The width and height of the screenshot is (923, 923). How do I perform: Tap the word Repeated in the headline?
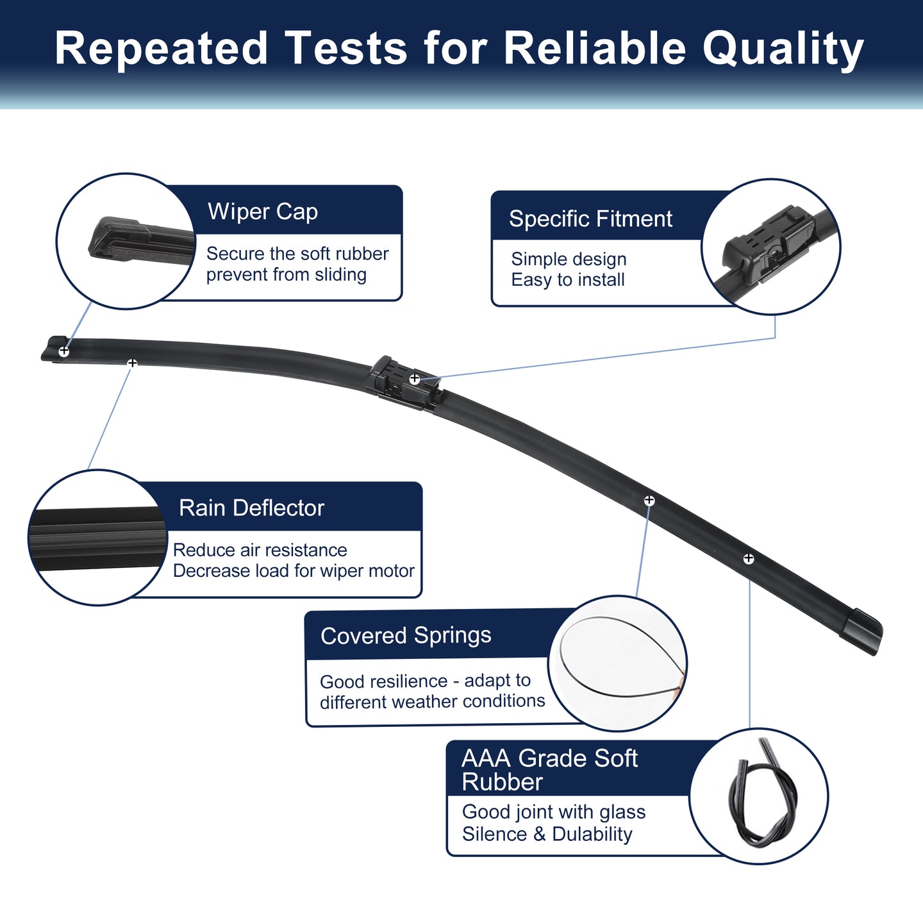click(x=161, y=48)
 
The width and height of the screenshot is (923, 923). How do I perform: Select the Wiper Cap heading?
click(x=263, y=212)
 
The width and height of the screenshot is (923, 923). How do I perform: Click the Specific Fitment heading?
click(x=590, y=219)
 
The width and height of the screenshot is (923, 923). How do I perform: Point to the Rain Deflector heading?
click(x=251, y=508)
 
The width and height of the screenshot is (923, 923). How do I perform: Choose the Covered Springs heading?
click(x=406, y=636)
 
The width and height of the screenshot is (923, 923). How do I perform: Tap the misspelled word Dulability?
click(x=592, y=834)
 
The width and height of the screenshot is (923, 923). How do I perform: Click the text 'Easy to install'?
click(x=568, y=279)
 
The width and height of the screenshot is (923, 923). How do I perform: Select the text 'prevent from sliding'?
click(x=287, y=274)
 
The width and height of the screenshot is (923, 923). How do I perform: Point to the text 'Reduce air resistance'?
click(x=260, y=550)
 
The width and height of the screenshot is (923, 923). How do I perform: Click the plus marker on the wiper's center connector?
click(x=415, y=379)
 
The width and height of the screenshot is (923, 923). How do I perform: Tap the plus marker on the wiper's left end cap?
click(x=63, y=352)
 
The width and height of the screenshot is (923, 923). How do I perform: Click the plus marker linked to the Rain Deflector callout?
click(x=132, y=363)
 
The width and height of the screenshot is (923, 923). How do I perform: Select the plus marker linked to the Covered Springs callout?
click(x=649, y=501)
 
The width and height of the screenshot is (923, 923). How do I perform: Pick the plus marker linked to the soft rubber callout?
click(x=749, y=558)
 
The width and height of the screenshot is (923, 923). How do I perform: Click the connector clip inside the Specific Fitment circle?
click(x=767, y=244)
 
